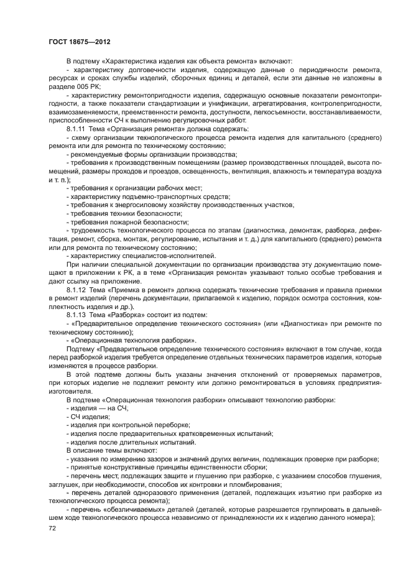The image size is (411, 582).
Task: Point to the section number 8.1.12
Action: click(x=77, y=290)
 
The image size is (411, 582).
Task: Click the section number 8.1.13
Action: click(x=77, y=315)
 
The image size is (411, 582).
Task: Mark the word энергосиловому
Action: click(x=144, y=205)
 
